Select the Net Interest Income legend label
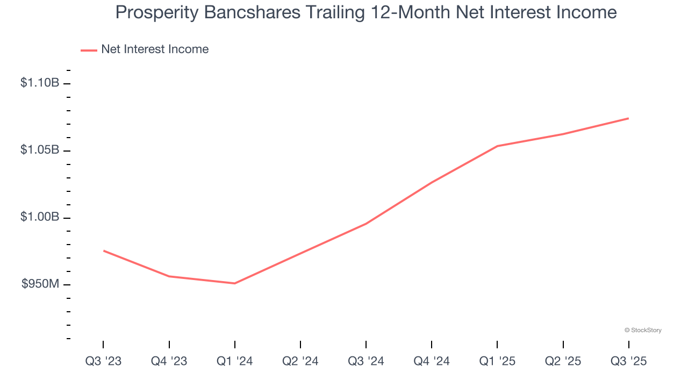(x=155, y=49)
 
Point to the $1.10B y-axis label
(x=40, y=83)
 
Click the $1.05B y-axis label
(x=40, y=150)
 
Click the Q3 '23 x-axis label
(x=103, y=361)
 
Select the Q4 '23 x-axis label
(x=169, y=361)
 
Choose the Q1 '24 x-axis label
(x=234, y=361)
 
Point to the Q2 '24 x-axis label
(x=300, y=361)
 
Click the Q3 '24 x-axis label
(x=365, y=361)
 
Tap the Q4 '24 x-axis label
(x=431, y=361)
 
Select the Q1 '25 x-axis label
(x=497, y=361)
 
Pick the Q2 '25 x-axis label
(x=563, y=361)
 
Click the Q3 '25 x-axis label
(x=628, y=361)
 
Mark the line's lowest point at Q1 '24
(x=234, y=283)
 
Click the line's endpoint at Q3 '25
(x=628, y=118)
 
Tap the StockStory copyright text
(x=643, y=330)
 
